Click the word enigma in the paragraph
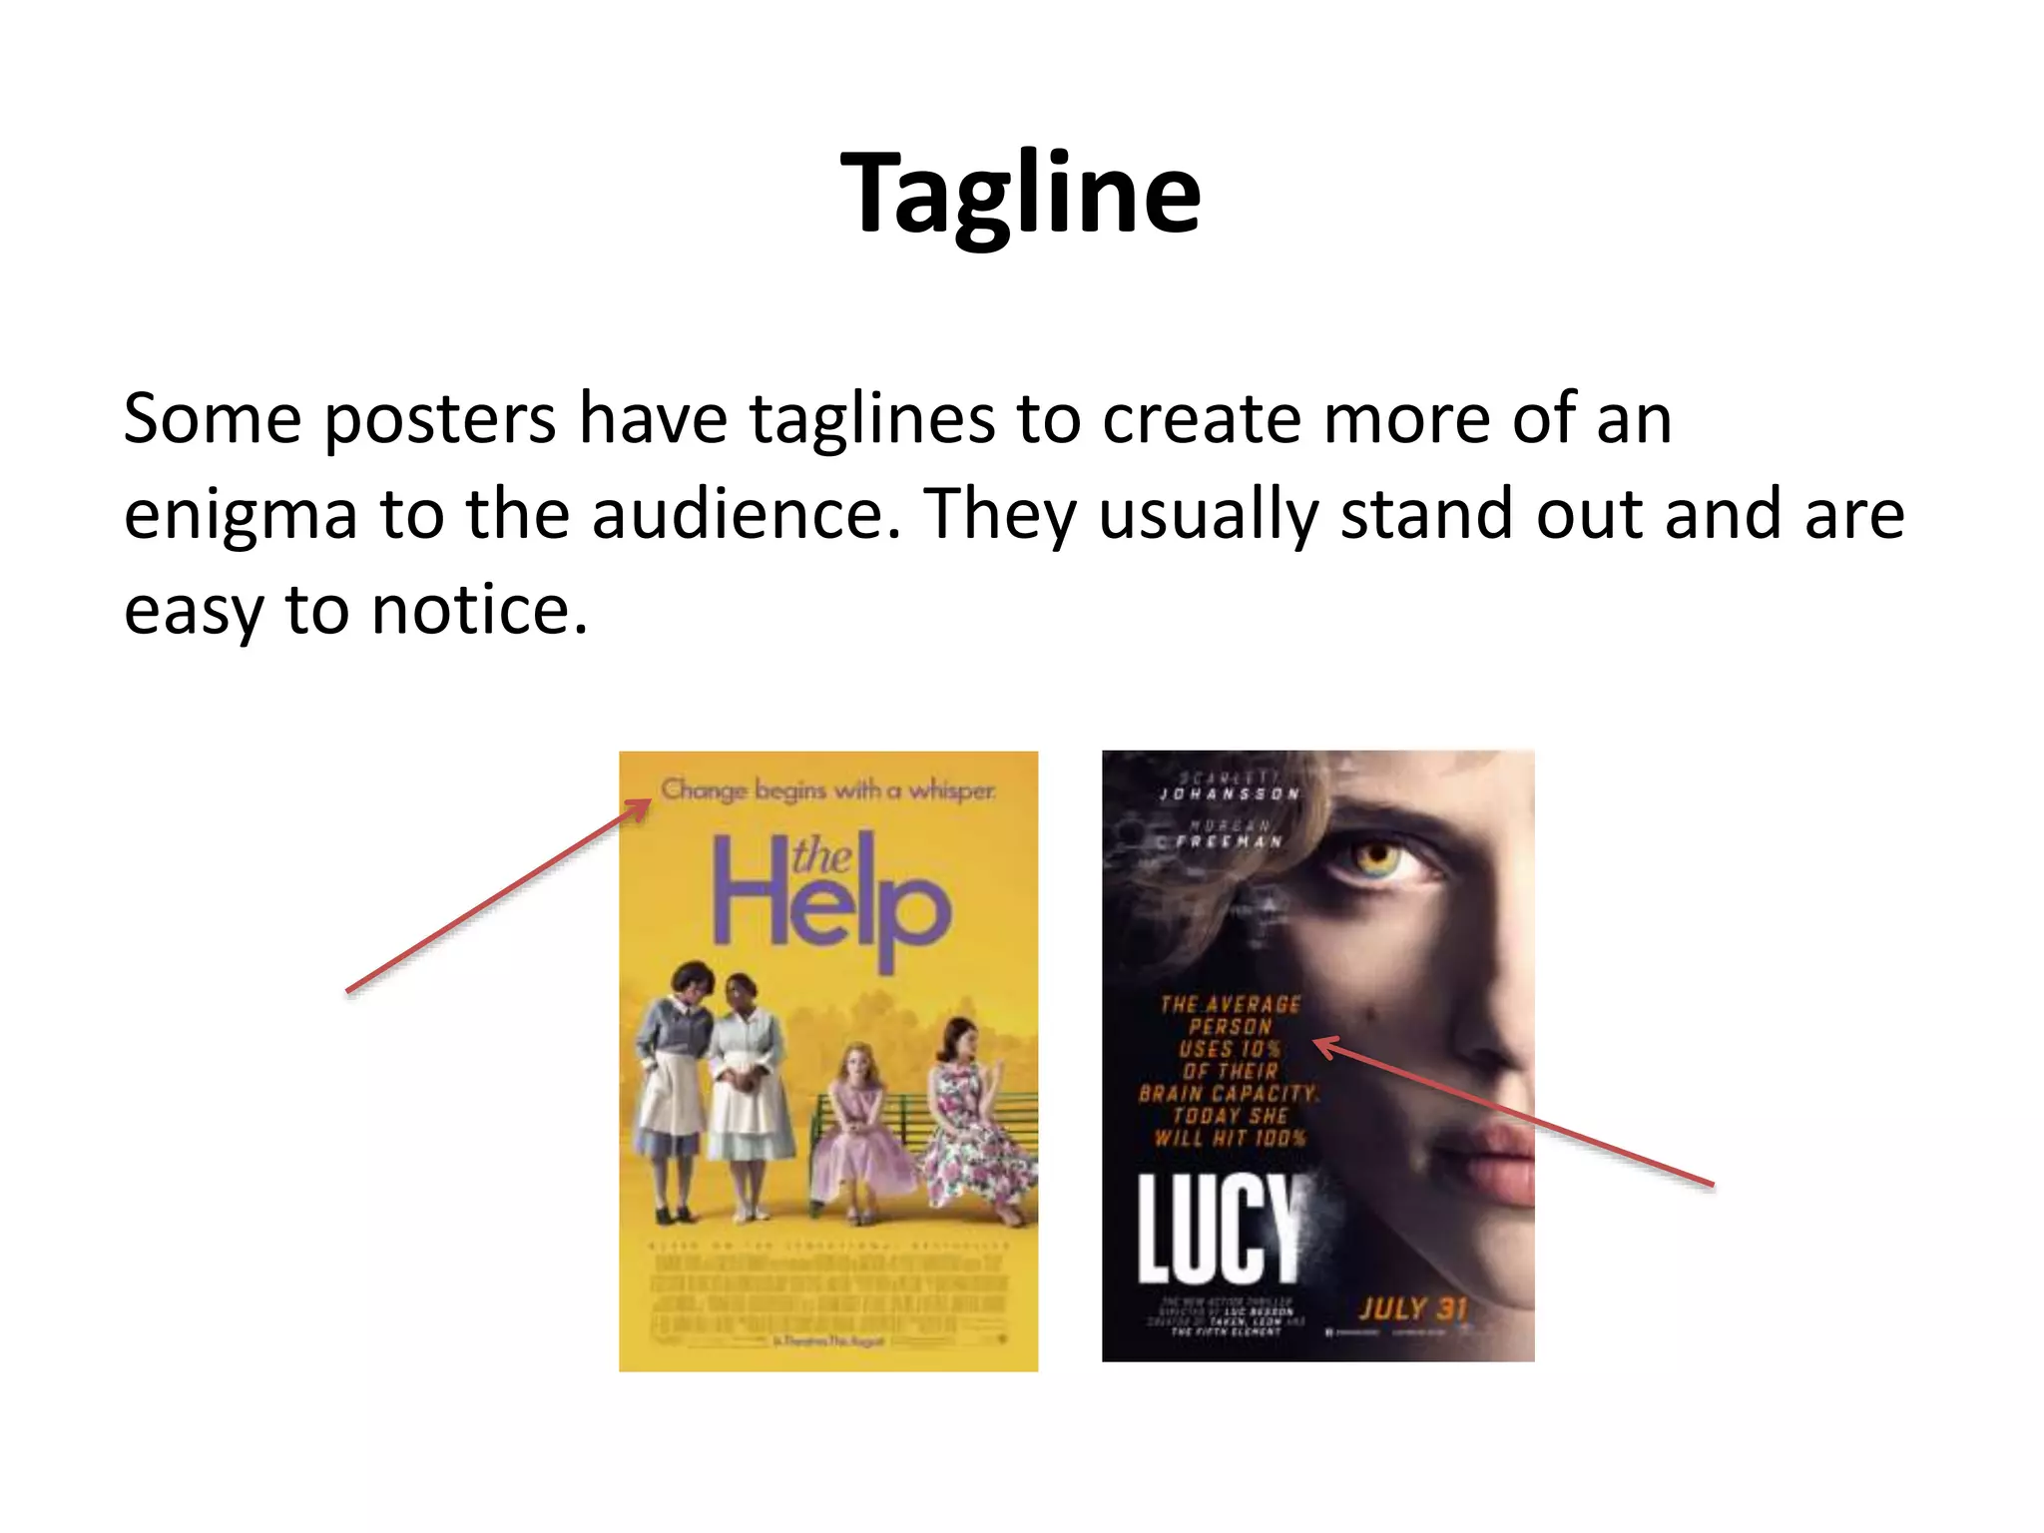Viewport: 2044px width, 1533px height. click(240, 515)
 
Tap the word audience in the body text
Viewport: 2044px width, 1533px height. click(738, 515)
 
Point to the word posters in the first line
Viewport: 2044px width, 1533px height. click(439, 419)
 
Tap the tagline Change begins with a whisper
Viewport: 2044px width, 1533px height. click(828, 790)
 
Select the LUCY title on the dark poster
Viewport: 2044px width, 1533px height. click(1220, 1230)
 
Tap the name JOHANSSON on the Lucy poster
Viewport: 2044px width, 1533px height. click(1230, 794)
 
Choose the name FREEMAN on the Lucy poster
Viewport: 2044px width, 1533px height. click(1230, 841)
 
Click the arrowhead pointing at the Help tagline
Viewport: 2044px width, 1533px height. click(639, 807)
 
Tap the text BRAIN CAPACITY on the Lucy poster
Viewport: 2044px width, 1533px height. click(1229, 1094)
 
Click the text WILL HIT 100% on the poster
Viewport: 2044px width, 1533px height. click(1230, 1138)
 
